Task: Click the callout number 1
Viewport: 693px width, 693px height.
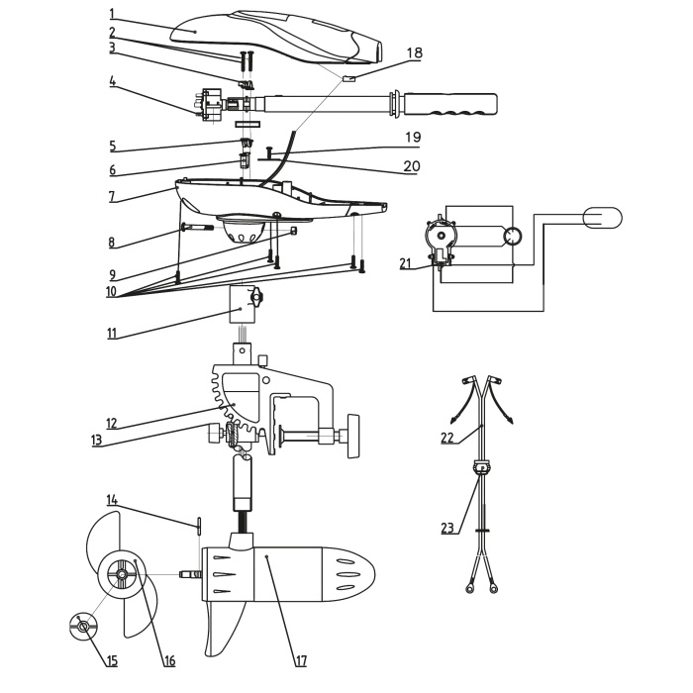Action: [x=113, y=14]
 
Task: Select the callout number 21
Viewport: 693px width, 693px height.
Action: [x=405, y=262]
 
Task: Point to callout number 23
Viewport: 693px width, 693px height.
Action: [x=448, y=528]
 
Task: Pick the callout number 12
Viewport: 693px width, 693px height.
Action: [x=112, y=424]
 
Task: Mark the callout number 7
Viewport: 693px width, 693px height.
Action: [x=113, y=196]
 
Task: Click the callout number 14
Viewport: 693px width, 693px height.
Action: [x=113, y=501]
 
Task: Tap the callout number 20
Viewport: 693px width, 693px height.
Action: [x=411, y=166]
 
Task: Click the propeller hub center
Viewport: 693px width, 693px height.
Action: [x=121, y=572]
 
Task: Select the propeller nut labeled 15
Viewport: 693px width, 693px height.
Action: [x=83, y=625]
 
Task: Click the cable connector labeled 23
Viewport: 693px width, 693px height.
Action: [x=482, y=469]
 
